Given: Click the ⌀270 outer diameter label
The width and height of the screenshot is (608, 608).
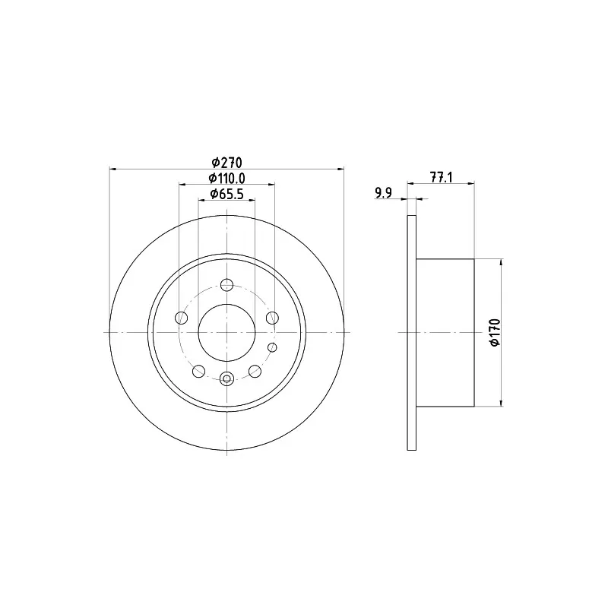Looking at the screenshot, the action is (x=226, y=162).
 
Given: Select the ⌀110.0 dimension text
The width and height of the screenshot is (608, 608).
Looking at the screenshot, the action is (x=226, y=178).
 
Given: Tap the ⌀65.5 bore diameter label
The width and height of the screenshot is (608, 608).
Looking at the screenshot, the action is (x=226, y=194).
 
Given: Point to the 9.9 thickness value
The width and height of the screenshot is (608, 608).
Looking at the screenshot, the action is (x=384, y=193).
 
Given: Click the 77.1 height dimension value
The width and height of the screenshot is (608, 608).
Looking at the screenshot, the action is (x=442, y=177).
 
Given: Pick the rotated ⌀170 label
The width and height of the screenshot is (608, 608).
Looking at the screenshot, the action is (x=496, y=332).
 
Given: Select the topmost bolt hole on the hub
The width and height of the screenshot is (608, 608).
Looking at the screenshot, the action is (x=226, y=286).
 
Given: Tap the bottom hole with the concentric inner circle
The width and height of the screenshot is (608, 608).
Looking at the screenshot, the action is (x=226, y=378).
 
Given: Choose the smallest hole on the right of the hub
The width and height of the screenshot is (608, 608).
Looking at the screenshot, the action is (x=273, y=347).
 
